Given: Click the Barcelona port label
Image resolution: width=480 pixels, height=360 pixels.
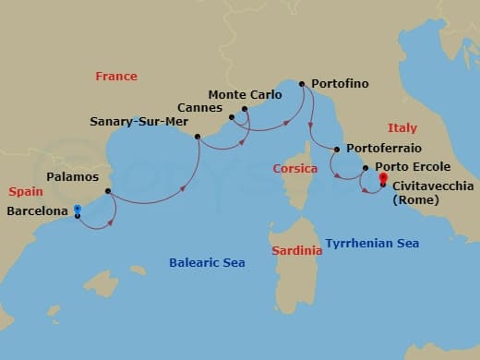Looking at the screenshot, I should pyautogui.click(x=37, y=211).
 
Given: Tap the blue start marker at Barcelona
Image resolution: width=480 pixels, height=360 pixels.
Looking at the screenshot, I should pyautogui.click(x=77, y=210).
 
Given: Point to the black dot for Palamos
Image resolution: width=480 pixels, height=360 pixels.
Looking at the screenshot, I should pyautogui.click(x=108, y=192).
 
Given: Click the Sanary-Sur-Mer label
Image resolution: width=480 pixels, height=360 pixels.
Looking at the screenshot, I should pyautogui.click(x=141, y=121).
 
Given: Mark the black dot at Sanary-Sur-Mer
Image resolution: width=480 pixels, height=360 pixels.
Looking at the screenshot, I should pyautogui.click(x=198, y=137).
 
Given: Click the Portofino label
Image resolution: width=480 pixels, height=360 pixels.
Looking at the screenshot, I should pyautogui.click(x=340, y=84).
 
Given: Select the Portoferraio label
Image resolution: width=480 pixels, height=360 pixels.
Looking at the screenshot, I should pyautogui.click(x=382, y=150).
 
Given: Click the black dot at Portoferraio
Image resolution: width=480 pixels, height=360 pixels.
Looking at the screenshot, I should pyautogui.click(x=337, y=150).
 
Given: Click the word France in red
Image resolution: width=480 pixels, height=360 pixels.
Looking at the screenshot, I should pyautogui.click(x=115, y=77).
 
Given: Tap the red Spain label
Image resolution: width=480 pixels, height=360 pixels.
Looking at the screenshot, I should pyautogui.click(x=26, y=192).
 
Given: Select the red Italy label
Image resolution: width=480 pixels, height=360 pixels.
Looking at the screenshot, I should pyautogui.click(x=402, y=128).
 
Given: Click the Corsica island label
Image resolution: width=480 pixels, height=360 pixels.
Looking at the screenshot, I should pyautogui.click(x=295, y=169).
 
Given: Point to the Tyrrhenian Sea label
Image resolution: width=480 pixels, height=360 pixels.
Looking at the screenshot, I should pyautogui.click(x=372, y=244).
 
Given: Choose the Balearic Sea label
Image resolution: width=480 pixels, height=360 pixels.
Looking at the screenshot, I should pyautogui.click(x=207, y=263).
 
